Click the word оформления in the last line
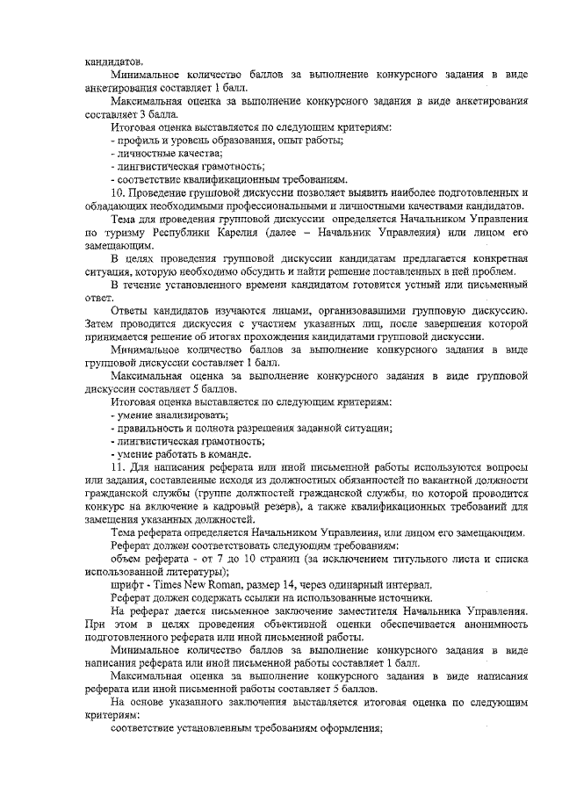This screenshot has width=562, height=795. point(355,729)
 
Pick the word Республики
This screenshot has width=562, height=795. point(191,233)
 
